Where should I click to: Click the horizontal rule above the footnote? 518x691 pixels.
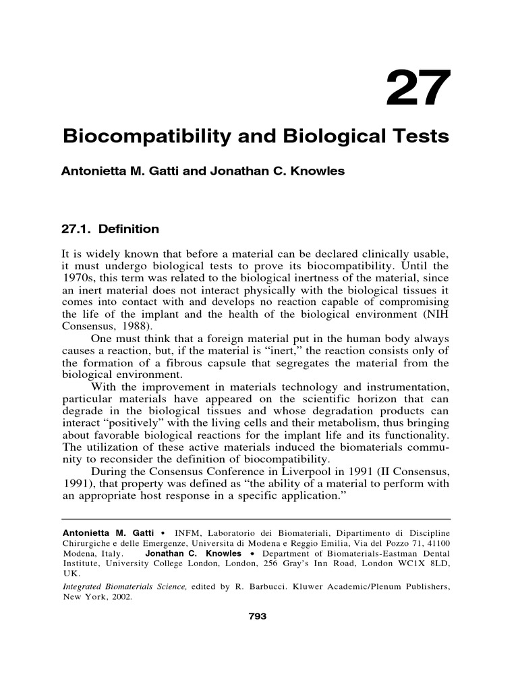(256, 520)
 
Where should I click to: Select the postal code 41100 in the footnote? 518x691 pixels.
(437, 543)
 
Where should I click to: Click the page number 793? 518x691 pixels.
(258, 615)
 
